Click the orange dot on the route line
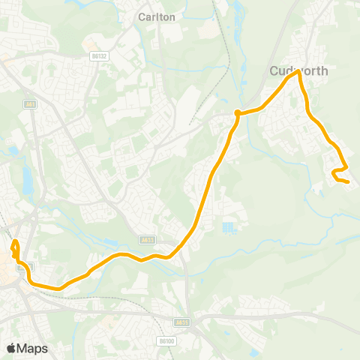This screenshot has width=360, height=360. pos(237,113)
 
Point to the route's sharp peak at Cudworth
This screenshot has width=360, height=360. pos(298,72)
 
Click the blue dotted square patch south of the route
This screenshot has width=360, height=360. pos(229,226)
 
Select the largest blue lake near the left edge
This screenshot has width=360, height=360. pos(28,180)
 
